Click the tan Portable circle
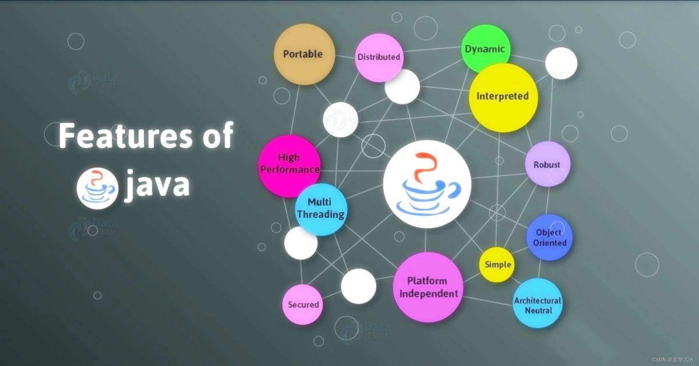(304, 54)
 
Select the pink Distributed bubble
(379, 57)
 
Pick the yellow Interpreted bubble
(503, 97)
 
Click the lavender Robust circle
(547, 164)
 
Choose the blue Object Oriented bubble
(549, 237)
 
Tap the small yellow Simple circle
(497, 265)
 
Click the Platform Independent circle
(428, 287)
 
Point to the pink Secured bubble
(303, 304)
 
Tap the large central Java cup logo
(427, 184)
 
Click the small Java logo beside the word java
(97, 188)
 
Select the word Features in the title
(126, 136)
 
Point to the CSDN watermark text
(672, 360)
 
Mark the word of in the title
(218, 135)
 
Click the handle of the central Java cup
(454, 190)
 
